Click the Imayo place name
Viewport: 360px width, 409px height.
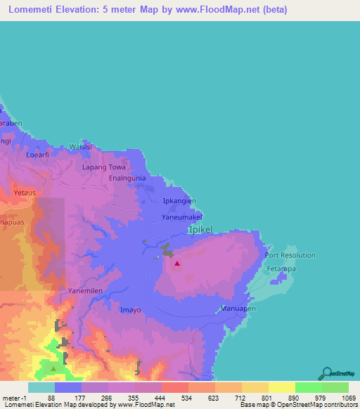(x=131, y=309)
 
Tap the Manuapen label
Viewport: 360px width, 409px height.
(x=238, y=309)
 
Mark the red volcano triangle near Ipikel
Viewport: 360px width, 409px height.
(x=177, y=264)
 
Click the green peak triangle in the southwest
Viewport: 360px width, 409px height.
(x=54, y=368)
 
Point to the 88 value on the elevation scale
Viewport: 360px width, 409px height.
(x=51, y=398)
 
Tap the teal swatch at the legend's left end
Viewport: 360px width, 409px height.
(x=41, y=387)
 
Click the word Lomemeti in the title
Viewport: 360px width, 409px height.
(x=29, y=11)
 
